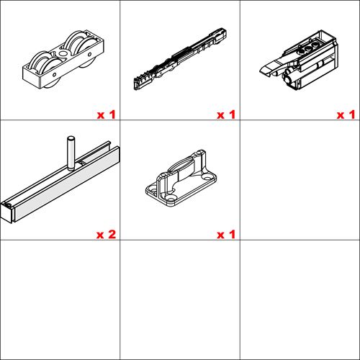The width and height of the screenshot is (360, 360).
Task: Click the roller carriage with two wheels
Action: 63,60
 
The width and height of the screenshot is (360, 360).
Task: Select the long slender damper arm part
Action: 180,59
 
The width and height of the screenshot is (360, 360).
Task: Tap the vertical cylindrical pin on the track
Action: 71,153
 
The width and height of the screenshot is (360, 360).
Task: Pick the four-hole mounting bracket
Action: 181,179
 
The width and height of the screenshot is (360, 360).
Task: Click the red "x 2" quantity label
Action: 106,234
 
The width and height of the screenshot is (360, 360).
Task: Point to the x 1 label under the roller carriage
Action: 106,114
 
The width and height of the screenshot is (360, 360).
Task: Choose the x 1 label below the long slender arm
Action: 226,114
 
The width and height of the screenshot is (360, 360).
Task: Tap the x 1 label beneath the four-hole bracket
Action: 226,234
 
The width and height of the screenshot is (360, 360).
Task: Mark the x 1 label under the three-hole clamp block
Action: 346,114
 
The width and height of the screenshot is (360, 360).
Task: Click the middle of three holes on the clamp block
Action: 308,49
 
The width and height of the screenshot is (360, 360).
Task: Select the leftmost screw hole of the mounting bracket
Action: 152,189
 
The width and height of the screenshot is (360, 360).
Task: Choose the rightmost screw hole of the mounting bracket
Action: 207,179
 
